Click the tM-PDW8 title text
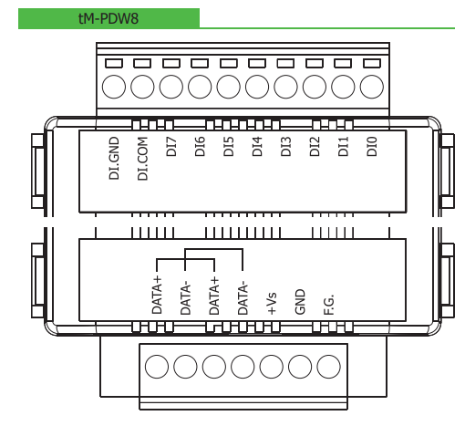coord(108,18)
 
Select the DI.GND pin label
coord(114,158)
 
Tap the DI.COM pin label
coord(142,159)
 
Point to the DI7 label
coord(171,147)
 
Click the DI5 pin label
coord(229,147)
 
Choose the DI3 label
coord(285,147)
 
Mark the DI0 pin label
coord(372,147)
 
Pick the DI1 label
coord(343,147)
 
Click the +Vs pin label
coord(272,303)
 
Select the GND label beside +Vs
coord(300,302)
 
